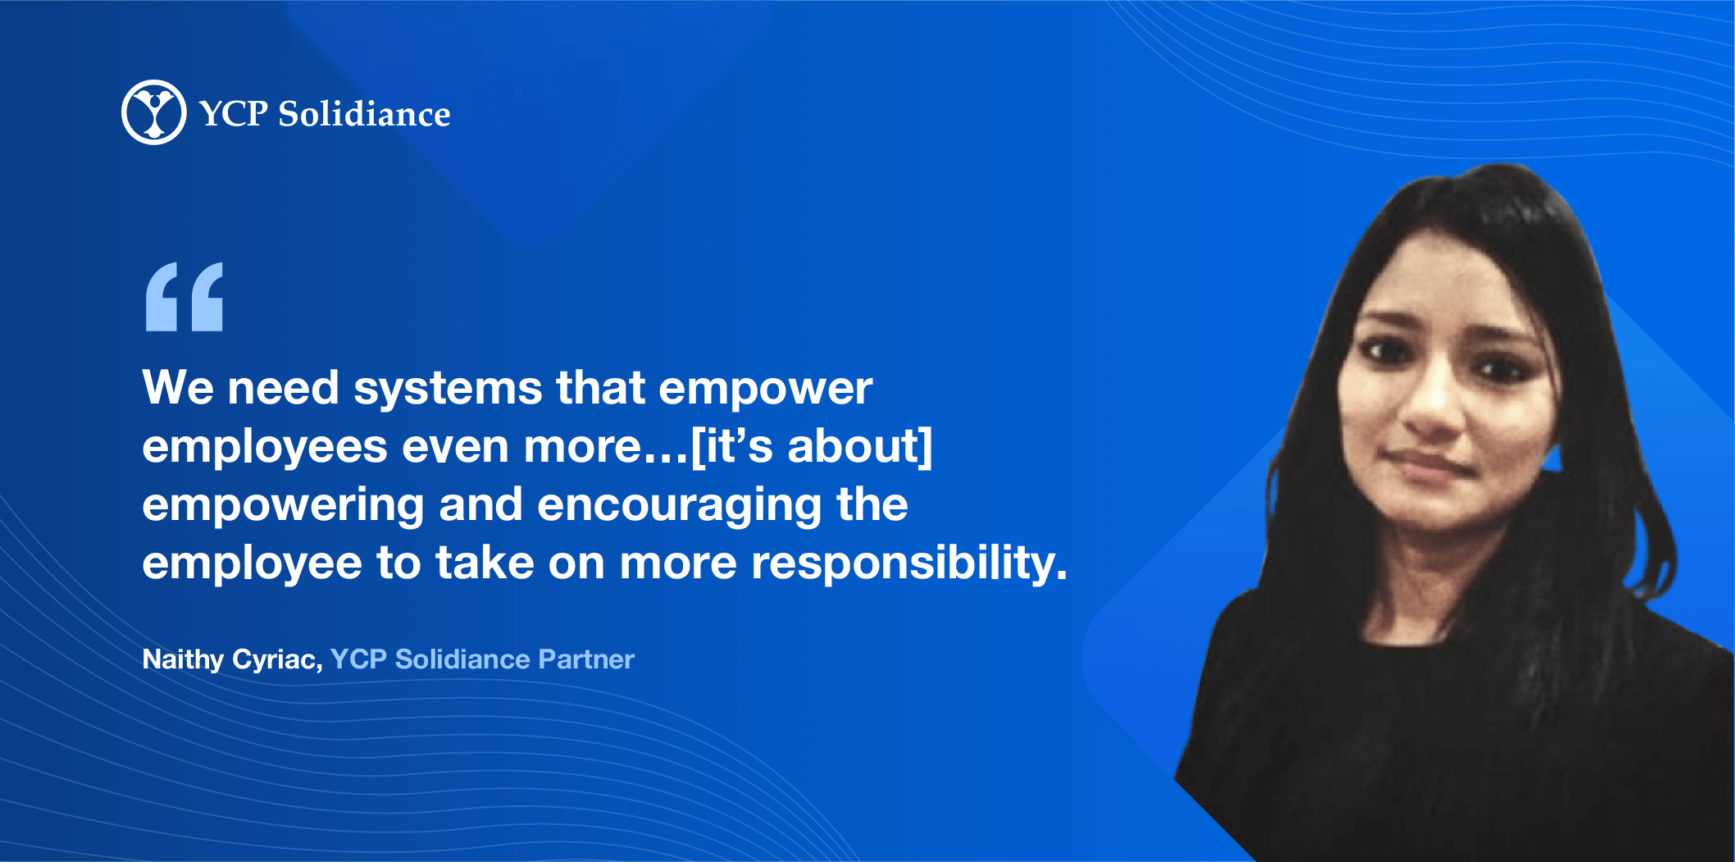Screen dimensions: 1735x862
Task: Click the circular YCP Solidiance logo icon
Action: pos(154,112)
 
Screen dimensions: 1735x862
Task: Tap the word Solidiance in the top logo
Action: pos(364,114)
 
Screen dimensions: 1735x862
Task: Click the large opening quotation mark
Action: pos(184,297)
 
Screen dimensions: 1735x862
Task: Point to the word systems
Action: pos(448,389)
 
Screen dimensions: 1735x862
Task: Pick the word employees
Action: pos(265,448)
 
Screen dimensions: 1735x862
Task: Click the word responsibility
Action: pos(909,564)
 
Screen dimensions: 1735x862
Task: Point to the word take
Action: pos(485,563)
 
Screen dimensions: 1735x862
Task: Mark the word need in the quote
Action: pos(283,388)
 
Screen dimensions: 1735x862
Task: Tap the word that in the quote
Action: pos(600,387)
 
